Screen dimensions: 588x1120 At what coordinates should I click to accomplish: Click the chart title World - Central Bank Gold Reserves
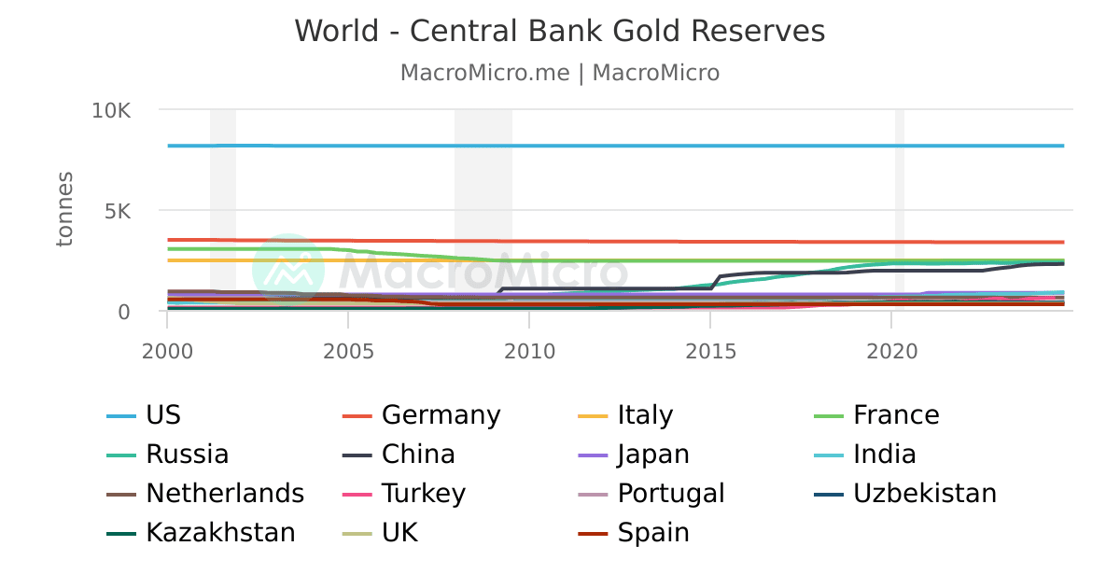(x=560, y=31)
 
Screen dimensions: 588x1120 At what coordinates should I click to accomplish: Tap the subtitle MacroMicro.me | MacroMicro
(x=560, y=73)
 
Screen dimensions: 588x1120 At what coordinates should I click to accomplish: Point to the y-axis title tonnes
(x=64, y=209)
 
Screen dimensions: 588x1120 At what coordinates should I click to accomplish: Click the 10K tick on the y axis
(x=111, y=110)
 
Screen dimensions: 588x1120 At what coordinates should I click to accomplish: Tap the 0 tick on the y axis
(x=123, y=312)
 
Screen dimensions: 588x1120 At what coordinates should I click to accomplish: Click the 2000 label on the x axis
(x=167, y=351)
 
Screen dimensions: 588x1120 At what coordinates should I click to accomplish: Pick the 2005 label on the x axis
(x=348, y=351)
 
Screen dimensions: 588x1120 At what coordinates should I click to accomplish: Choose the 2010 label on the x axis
(x=529, y=351)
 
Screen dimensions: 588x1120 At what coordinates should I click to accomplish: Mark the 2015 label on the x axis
(x=710, y=351)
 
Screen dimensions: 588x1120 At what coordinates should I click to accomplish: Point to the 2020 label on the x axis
(x=891, y=351)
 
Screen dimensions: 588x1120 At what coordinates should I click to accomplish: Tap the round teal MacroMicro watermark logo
(x=288, y=270)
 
